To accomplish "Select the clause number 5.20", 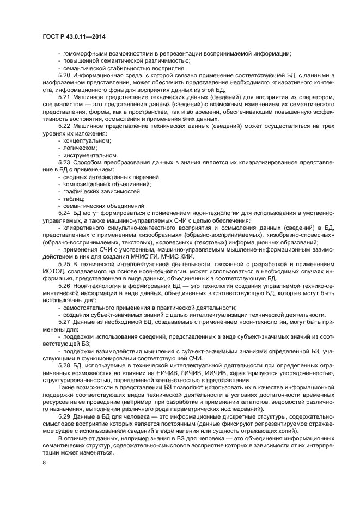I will pyautogui.click(x=64, y=74).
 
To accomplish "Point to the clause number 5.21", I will pyautogui.click(x=64, y=96).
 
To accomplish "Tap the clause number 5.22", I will pyautogui.click(x=64, y=126).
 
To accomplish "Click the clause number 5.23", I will pyautogui.click(x=64, y=162).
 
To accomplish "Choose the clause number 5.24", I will pyautogui.click(x=64, y=213).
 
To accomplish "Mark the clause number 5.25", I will pyautogui.click(x=64, y=264).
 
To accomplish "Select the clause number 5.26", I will pyautogui.click(x=64, y=286).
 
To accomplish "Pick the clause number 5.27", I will pyautogui.click(x=64, y=322).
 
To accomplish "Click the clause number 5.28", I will pyautogui.click(x=64, y=366).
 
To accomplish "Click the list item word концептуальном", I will pyautogui.click(x=87, y=140).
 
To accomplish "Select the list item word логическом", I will pyautogui.click(x=81, y=148).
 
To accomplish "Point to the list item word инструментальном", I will pyautogui.click(x=90, y=155).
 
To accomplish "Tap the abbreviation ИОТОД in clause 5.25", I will pyautogui.click(x=54, y=271).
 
